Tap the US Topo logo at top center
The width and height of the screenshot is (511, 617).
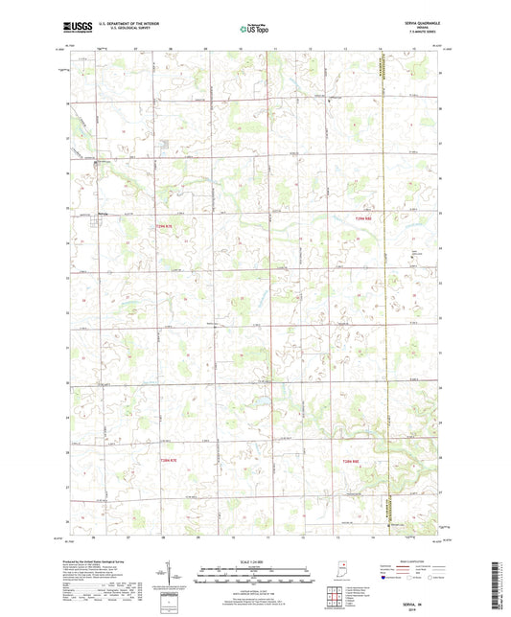click(254, 30)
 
